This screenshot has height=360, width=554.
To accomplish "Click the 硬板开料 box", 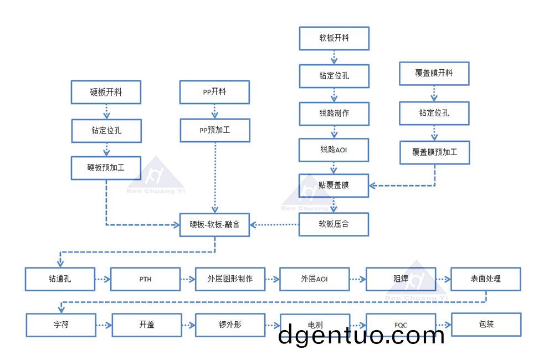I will [x=106, y=92].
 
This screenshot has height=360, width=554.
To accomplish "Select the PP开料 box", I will [x=214, y=92].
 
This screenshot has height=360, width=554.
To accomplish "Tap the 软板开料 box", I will [x=334, y=38].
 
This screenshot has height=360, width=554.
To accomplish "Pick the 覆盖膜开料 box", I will [x=434, y=73].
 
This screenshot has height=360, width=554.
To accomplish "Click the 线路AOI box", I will [x=334, y=150].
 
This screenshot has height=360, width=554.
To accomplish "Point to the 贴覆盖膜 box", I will [x=334, y=186].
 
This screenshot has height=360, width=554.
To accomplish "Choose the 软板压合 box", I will [x=334, y=224].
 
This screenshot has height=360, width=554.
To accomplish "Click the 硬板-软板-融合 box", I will [x=214, y=224].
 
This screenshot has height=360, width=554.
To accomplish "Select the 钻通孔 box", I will [x=60, y=279].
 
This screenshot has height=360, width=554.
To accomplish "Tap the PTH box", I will [x=145, y=279].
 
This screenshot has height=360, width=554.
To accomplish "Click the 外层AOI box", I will [x=315, y=279].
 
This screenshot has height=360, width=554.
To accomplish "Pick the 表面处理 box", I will [x=486, y=279].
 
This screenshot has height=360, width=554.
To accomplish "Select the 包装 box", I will [x=486, y=325].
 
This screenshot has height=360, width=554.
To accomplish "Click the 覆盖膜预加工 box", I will [x=434, y=152].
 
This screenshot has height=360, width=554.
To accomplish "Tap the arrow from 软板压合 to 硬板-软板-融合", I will [x=274, y=224].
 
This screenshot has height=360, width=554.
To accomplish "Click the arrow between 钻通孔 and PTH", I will [x=102, y=279].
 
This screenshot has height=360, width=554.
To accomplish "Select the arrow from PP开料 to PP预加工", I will [x=214, y=111].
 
